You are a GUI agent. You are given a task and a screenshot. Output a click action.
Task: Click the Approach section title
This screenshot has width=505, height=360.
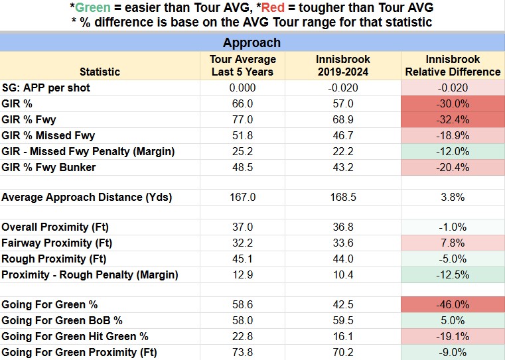tap(252, 43)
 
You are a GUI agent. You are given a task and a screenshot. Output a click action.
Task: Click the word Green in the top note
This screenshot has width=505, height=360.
tap(93, 7)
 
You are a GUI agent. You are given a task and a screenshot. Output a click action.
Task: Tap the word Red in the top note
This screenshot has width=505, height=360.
tap(273, 7)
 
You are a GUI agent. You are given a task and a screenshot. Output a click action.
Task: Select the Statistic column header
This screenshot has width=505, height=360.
tap(100, 72)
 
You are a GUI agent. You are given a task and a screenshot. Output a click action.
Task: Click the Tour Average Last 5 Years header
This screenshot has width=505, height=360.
tap(242, 66)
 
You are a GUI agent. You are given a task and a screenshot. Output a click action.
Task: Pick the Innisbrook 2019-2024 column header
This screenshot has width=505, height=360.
tap(342, 66)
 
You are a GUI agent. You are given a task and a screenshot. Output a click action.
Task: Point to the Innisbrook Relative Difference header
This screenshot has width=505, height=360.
tap(453, 66)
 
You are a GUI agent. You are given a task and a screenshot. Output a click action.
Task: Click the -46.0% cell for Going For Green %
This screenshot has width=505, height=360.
tap(453, 304)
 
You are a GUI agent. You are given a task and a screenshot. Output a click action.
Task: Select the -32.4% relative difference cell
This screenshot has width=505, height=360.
tap(453, 120)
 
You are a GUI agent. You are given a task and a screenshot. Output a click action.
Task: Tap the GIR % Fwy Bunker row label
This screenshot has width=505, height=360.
tap(48, 168)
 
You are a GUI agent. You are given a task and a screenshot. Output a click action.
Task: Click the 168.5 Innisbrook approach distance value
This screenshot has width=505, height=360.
tap(343, 197)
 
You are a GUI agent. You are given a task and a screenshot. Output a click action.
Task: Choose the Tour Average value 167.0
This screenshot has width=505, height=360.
tap(242, 197)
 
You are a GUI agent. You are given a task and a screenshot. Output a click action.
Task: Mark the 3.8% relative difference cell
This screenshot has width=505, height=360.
tap(453, 197)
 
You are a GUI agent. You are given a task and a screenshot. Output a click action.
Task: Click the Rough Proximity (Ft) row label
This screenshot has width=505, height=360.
tap(54, 259)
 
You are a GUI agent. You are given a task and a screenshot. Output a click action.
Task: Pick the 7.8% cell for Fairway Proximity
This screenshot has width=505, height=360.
tap(453, 243)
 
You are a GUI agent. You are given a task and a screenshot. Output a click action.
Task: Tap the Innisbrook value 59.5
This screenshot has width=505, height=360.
tap(343, 320)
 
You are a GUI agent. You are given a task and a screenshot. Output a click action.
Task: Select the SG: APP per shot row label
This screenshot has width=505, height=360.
tap(46, 88)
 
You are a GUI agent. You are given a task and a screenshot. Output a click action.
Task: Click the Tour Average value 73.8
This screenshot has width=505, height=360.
tap(242, 352)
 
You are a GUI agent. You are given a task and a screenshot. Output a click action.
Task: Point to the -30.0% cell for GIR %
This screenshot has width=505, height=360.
tap(453, 104)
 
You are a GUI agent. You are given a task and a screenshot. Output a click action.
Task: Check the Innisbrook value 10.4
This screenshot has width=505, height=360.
tap(343, 274)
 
